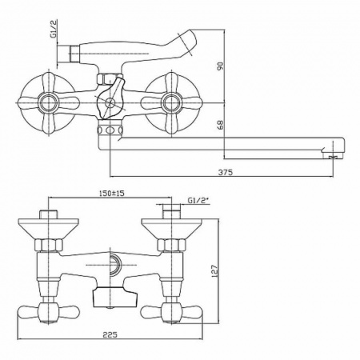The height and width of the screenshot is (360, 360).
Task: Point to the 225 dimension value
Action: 113,337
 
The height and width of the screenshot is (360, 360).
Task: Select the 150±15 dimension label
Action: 116,194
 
